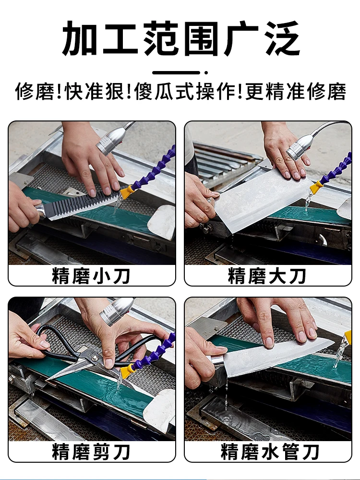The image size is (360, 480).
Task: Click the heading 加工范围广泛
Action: [180, 38]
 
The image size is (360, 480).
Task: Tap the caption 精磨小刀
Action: [91, 276]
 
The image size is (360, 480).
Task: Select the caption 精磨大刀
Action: [267, 276]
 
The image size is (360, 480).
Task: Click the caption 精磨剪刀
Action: [91, 452]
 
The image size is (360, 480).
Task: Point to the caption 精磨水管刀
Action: [267, 452]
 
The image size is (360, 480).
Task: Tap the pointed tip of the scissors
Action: [50, 378]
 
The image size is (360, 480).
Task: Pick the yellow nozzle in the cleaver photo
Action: [316, 188]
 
